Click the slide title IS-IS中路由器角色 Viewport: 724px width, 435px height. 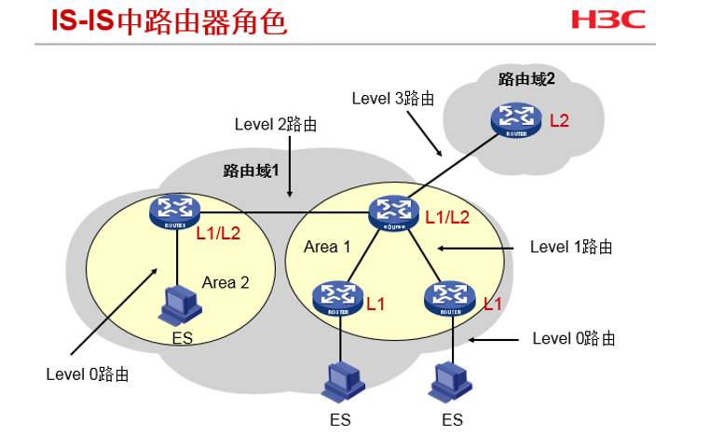tap(155, 22)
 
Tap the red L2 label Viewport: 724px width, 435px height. tap(559, 121)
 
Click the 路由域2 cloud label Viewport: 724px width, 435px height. tap(526, 79)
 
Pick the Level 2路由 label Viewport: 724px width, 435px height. tap(276, 124)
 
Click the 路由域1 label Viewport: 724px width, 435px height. tap(252, 170)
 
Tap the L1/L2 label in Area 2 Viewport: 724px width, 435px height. tap(219, 233)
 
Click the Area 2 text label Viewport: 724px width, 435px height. tap(225, 282)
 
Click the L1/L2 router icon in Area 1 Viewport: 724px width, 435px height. tap(392, 211)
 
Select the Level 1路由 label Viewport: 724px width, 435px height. tap(571, 247)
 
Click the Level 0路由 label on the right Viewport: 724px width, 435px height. tap(574, 338)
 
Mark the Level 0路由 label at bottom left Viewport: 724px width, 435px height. tap(88, 374)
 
